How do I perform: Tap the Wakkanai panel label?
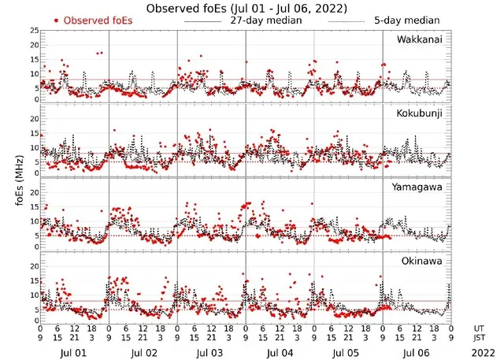pyautogui.click(x=419, y=39)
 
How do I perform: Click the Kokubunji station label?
pyautogui.click(x=419, y=113)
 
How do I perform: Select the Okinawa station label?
pyautogui.click(x=420, y=260)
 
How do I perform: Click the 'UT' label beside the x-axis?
pyautogui.click(x=477, y=328)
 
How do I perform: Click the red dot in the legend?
pyautogui.click(x=57, y=20)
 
